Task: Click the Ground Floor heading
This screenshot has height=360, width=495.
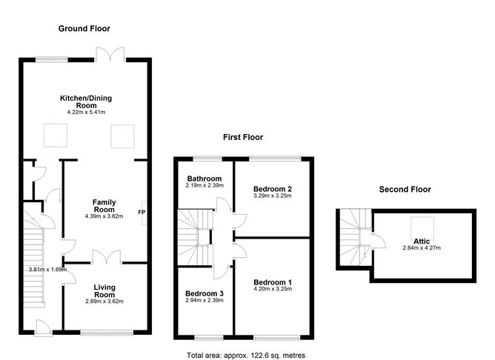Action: (84, 29)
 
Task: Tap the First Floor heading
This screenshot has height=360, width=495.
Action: (243, 137)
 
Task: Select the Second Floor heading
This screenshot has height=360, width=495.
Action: (405, 189)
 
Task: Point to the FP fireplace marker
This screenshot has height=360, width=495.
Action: (141, 213)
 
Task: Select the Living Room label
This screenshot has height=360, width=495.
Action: (104, 290)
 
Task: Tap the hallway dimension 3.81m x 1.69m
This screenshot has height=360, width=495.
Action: (46, 270)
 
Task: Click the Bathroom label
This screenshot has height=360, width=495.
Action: (204, 179)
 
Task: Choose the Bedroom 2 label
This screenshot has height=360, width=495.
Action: (272, 190)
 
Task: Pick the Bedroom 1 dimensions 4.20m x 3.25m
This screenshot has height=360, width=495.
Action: (272, 290)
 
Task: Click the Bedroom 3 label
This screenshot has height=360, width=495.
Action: (204, 294)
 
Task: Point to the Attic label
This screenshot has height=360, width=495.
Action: (423, 241)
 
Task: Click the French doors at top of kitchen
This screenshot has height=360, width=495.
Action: (111, 54)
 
